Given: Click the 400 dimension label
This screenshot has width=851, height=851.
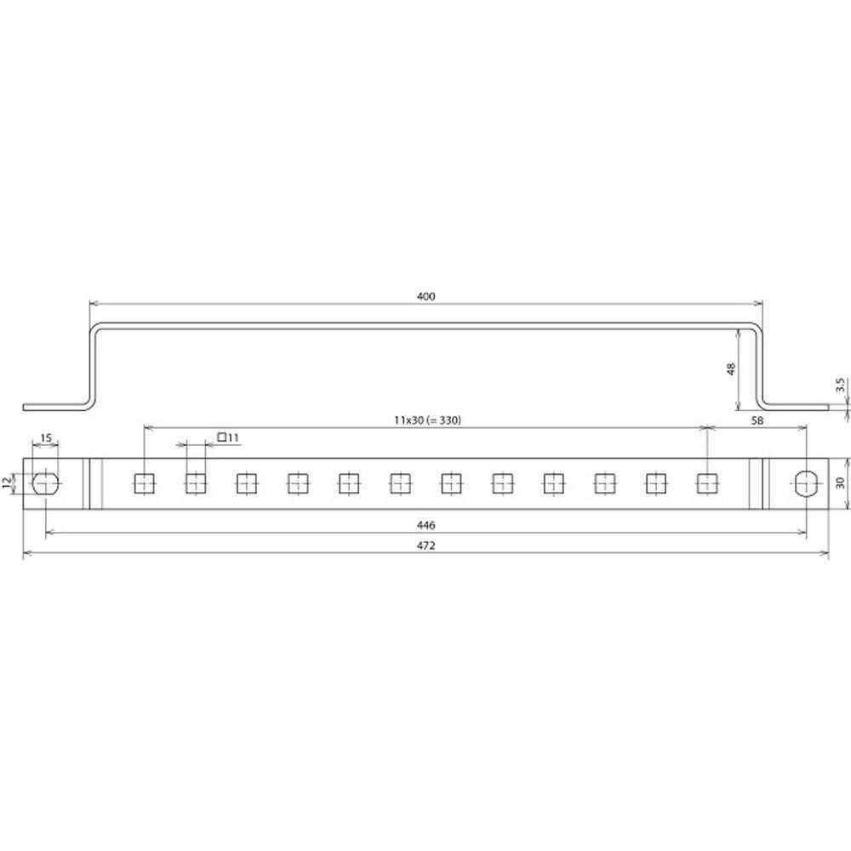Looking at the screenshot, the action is (x=426, y=296).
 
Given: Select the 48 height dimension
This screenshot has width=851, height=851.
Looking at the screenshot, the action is (x=731, y=369).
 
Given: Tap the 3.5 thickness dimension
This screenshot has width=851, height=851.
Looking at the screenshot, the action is (x=840, y=385).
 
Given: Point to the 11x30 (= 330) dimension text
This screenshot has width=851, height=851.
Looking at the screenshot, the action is (x=428, y=420).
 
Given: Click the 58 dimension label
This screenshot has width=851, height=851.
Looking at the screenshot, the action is (x=757, y=420).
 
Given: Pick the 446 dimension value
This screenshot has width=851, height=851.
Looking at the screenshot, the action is (x=426, y=525).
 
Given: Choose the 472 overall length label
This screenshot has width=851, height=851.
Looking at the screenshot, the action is (x=426, y=545).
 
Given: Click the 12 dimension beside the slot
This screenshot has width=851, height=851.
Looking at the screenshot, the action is (x=7, y=483).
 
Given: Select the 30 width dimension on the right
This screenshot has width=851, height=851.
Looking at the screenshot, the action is (x=840, y=483).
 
